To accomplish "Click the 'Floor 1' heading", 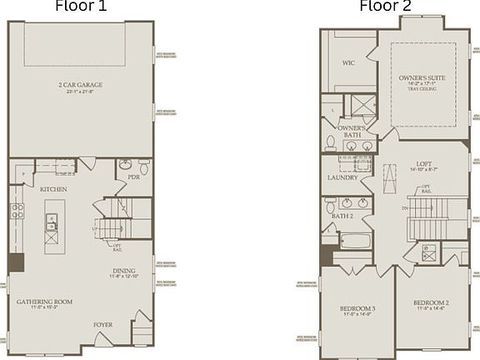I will [81, 7].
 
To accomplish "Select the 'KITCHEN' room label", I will [53, 189].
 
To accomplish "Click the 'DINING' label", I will [124, 270].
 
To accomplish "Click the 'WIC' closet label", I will [349, 62].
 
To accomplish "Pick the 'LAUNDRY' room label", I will [342, 177].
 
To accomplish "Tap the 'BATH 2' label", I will [342, 216].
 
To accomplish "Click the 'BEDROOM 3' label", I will [357, 309].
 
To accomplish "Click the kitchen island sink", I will [52, 222].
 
